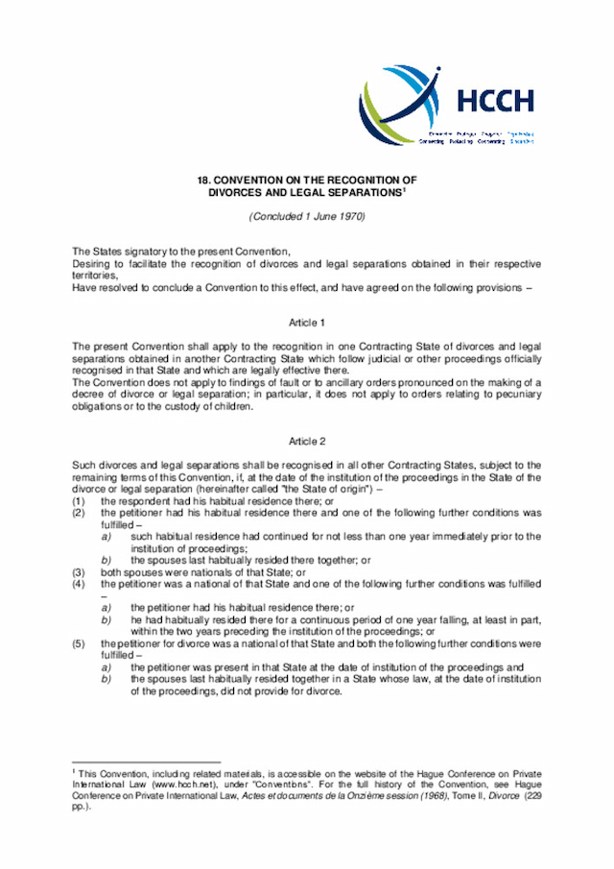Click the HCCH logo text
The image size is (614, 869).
pyautogui.click(x=496, y=101)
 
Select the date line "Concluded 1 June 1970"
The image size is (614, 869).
pyautogui.click(x=307, y=217)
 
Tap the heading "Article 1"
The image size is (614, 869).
pyautogui.click(x=307, y=323)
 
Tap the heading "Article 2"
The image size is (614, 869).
pyautogui.click(x=307, y=441)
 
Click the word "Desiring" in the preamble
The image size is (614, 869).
pyautogui.click(x=92, y=264)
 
